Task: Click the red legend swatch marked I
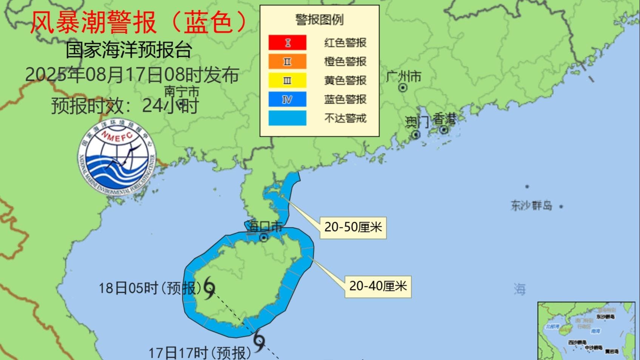click(x=287, y=42)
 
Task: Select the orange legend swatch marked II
click(x=287, y=62)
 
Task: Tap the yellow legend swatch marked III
click(x=287, y=80)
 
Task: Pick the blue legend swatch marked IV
click(x=287, y=99)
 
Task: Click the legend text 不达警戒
click(x=345, y=118)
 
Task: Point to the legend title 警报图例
click(x=319, y=20)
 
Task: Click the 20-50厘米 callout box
click(x=353, y=227)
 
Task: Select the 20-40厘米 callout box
click(x=378, y=286)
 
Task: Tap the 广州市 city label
click(x=404, y=77)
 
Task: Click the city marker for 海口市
click(x=264, y=237)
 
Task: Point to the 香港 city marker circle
click(x=444, y=130)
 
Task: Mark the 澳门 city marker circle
click(x=416, y=134)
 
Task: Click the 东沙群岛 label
click(x=532, y=205)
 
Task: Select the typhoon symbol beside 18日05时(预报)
click(x=209, y=288)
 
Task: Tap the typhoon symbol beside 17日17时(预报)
click(x=259, y=341)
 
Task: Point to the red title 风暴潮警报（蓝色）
click(x=139, y=22)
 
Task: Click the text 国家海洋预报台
click(x=129, y=50)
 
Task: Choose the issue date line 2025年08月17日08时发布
click(x=132, y=75)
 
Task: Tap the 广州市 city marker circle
click(x=403, y=88)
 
